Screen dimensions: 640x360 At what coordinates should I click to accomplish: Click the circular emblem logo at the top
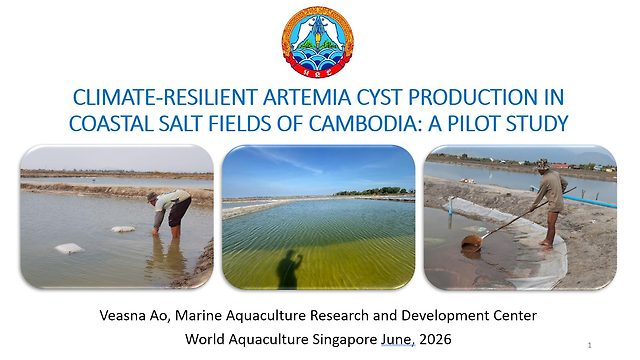pyautogui.click(x=318, y=42)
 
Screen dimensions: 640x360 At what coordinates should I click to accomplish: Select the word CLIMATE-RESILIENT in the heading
pyautogui.click(x=165, y=97)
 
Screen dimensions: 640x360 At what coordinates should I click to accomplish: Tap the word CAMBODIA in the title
pyautogui.click(x=361, y=123)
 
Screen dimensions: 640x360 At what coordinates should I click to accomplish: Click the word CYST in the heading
pyautogui.click(x=380, y=97)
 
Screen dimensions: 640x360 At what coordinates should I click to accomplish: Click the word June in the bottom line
pyautogui.click(x=398, y=339)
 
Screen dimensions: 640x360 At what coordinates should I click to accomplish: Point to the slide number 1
pyautogui.click(x=589, y=345)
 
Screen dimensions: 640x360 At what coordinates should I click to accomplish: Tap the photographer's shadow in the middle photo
pyautogui.click(x=289, y=269)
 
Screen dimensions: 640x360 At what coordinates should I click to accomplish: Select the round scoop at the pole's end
pyautogui.click(x=471, y=243)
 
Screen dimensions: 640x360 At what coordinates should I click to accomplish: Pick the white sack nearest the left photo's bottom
pyautogui.click(x=69, y=248)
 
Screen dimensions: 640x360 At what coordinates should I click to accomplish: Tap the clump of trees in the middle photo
pyautogui.click(x=375, y=191)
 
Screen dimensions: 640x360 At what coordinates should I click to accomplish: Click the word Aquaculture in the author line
pyautogui.click(x=264, y=316)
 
